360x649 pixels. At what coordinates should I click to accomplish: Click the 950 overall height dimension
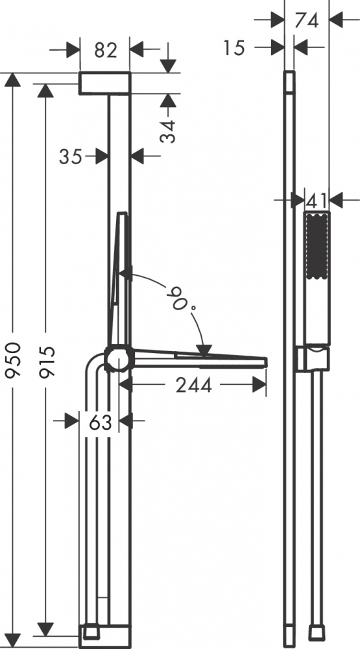(13, 360)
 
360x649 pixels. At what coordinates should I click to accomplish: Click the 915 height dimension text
(47, 362)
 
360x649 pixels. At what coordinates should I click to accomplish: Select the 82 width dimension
(106, 50)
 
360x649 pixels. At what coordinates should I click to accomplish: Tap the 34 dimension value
(167, 131)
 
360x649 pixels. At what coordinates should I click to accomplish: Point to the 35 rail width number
(71, 157)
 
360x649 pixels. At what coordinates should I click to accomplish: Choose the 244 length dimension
(194, 386)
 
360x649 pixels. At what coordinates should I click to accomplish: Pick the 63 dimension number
(101, 422)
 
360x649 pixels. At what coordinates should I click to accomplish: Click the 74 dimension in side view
(307, 20)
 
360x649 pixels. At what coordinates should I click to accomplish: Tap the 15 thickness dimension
(234, 49)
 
